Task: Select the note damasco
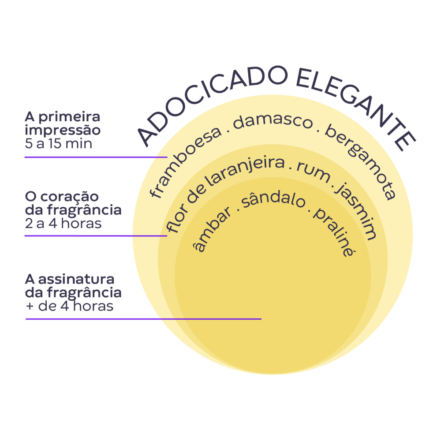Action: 273,122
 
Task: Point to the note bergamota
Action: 363,161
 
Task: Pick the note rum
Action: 314,172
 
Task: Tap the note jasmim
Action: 356,211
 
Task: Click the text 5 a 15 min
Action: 59,143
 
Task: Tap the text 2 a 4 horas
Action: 63,223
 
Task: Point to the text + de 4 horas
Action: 69,306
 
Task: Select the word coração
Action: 70,197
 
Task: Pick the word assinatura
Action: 76,279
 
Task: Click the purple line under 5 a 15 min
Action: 96,157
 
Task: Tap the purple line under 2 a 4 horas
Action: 96,235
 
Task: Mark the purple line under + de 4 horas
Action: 143,319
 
